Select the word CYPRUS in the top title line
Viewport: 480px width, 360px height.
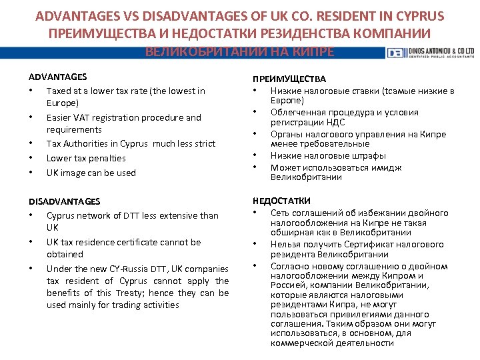click(x=419, y=15)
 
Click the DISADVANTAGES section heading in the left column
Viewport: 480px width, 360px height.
click(x=65, y=201)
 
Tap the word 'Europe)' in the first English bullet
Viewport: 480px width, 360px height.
click(x=63, y=103)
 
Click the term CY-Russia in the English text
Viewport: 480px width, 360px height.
click(x=144, y=269)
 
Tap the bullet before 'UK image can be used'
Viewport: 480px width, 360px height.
click(x=31, y=173)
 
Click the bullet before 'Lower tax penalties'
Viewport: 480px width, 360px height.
click(x=31, y=158)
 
